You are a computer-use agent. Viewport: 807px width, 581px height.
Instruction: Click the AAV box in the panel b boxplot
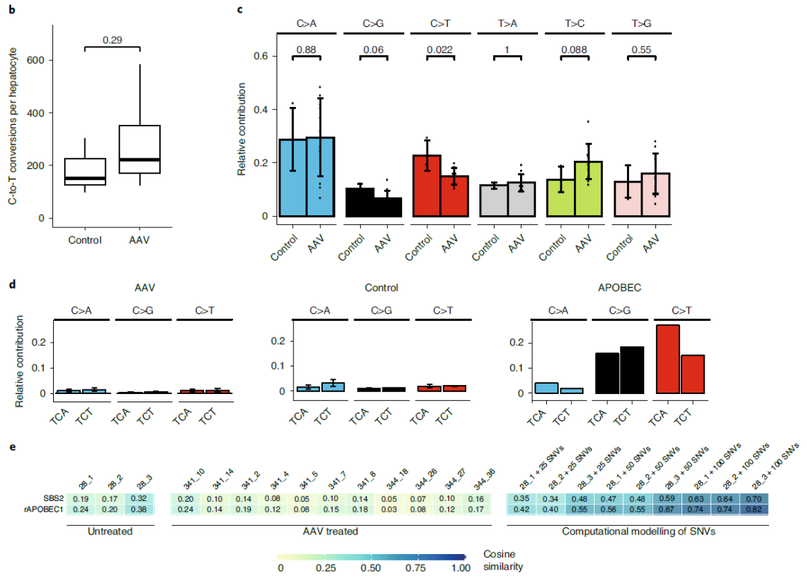pyautogui.click(x=140, y=150)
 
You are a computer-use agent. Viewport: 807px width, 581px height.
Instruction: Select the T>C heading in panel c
pyautogui.click(x=574, y=24)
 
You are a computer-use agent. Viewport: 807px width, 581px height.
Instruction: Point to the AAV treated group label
pyautogui.click(x=334, y=531)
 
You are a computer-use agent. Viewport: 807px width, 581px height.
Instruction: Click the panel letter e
pyautogui.click(x=10, y=446)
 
